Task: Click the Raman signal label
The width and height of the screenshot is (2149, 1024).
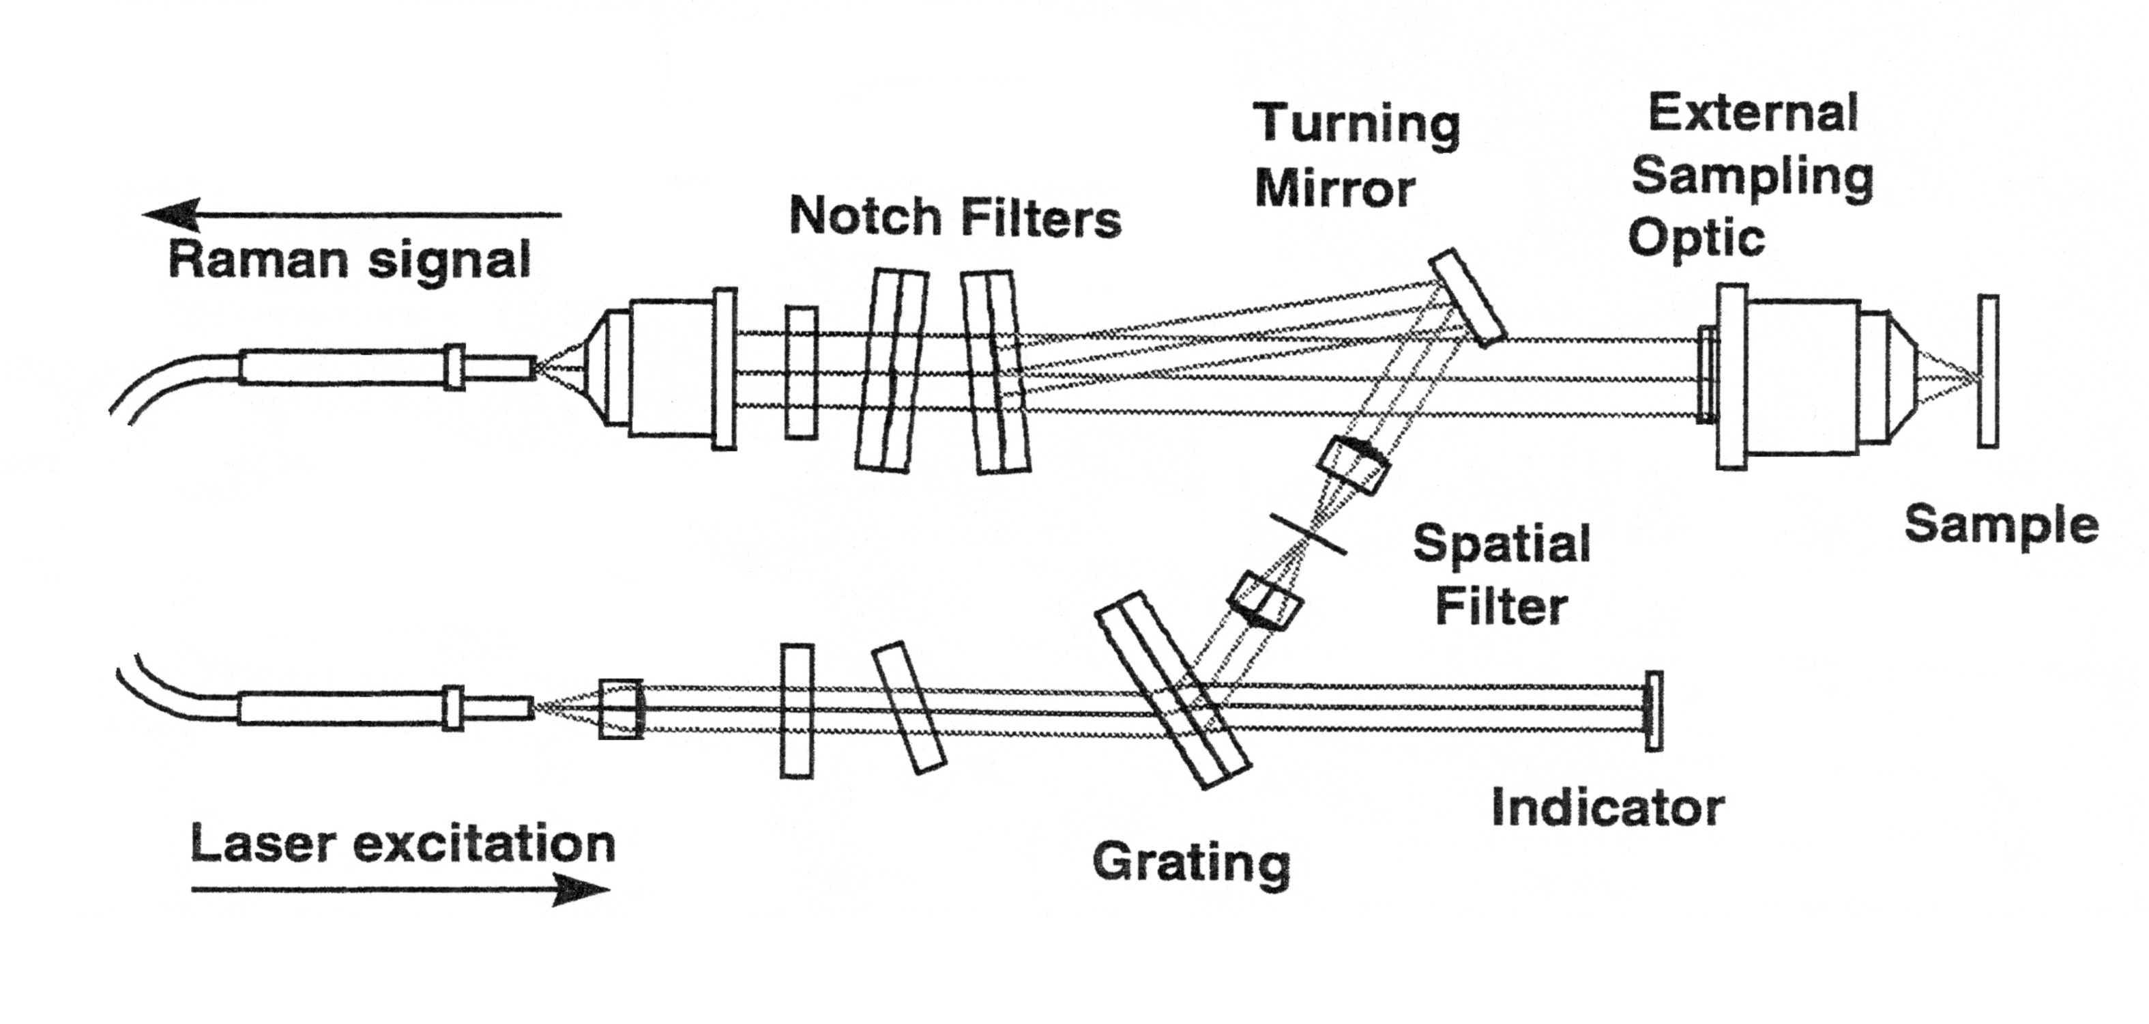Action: pyautogui.click(x=349, y=260)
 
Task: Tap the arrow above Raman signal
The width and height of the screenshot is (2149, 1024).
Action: pyautogui.click(x=352, y=214)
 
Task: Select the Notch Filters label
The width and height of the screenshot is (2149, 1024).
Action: pyautogui.click(x=955, y=217)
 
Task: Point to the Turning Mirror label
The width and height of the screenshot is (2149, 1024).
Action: pyautogui.click(x=1356, y=156)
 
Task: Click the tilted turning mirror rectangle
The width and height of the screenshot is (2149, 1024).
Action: pyautogui.click(x=1467, y=297)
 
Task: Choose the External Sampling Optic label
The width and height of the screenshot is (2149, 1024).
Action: pyautogui.click(x=1752, y=176)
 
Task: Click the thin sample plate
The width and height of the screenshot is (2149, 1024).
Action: pyautogui.click(x=1988, y=371)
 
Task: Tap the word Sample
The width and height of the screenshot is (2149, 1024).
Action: pyautogui.click(x=2000, y=526)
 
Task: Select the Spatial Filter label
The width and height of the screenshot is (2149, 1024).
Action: pyautogui.click(x=1502, y=574)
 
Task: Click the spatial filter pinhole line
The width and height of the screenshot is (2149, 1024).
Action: pyautogui.click(x=1307, y=533)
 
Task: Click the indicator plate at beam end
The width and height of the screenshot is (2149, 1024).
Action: pyautogui.click(x=1654, y=711)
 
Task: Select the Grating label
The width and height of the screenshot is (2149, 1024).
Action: pyautogui.click(x=1191, y=863)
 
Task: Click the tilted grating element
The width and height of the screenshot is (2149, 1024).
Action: pyautogui.click(x=1172, y=690)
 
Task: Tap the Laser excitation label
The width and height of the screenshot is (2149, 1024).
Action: pyautogui.click(x=403, y=844)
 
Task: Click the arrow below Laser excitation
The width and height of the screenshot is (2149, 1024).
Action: pyautogui.click(x=401, y=889)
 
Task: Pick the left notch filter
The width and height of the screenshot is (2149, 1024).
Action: pyautogui.click(x=892, y=371)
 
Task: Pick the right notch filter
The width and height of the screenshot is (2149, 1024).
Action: pyautogui.click(x=995, y=372)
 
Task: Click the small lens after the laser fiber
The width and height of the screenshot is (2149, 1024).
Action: pyautogui.click(x=621, y=709)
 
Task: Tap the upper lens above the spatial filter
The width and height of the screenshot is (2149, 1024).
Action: pyautogui.click(x=1353, y=465)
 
